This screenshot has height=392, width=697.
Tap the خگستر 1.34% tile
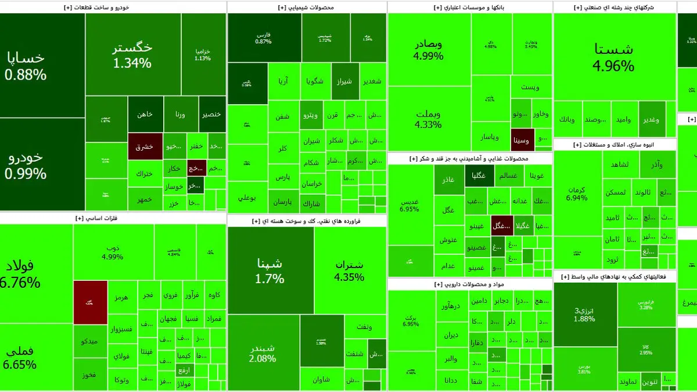coord(132,55)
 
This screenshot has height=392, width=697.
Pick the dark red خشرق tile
coord(145,147)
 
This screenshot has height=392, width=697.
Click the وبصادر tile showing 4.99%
coord(429,50)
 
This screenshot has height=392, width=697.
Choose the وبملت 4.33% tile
coord(429,119)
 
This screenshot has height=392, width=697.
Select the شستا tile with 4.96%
coord(613,57)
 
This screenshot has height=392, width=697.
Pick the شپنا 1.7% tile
coord(270,270)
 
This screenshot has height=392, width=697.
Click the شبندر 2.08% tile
coord(263,352)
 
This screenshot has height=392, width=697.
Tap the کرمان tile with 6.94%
coord(576,194)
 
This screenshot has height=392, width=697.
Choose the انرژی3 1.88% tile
coord(584,314)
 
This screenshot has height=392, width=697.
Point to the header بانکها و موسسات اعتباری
coord(469,8)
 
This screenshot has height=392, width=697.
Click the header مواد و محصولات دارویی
coord(469,284)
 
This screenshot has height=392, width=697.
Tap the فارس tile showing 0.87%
coord(264,38)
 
